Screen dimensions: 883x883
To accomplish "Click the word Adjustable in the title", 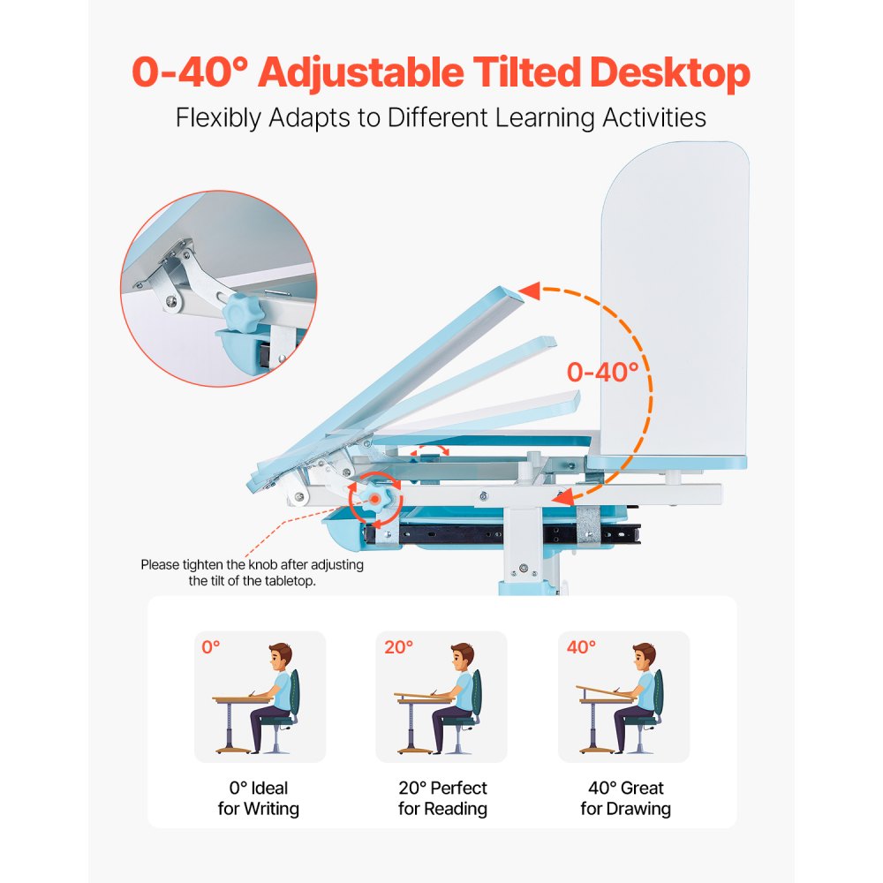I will pos(362,73).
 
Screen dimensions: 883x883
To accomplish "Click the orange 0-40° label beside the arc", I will pos(602,372).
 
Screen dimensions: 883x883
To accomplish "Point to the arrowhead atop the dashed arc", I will pos(530,291).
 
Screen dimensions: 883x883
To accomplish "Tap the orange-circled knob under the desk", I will pos(376,499).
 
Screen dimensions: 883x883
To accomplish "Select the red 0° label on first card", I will pos(211,647).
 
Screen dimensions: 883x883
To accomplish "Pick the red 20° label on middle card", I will pos(398,647).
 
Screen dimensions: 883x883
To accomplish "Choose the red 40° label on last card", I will pos(582,647).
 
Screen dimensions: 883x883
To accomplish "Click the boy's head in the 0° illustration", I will pos(280,656).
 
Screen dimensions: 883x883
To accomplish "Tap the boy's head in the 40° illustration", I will pos(644,656).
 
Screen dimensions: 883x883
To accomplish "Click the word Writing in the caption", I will pos(271,808).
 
